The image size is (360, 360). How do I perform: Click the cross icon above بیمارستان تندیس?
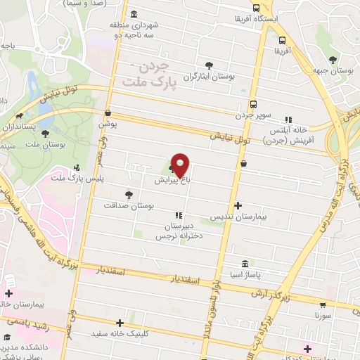238,206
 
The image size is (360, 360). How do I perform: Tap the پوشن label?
107,123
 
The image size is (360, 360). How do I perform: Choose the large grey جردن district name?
160,69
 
